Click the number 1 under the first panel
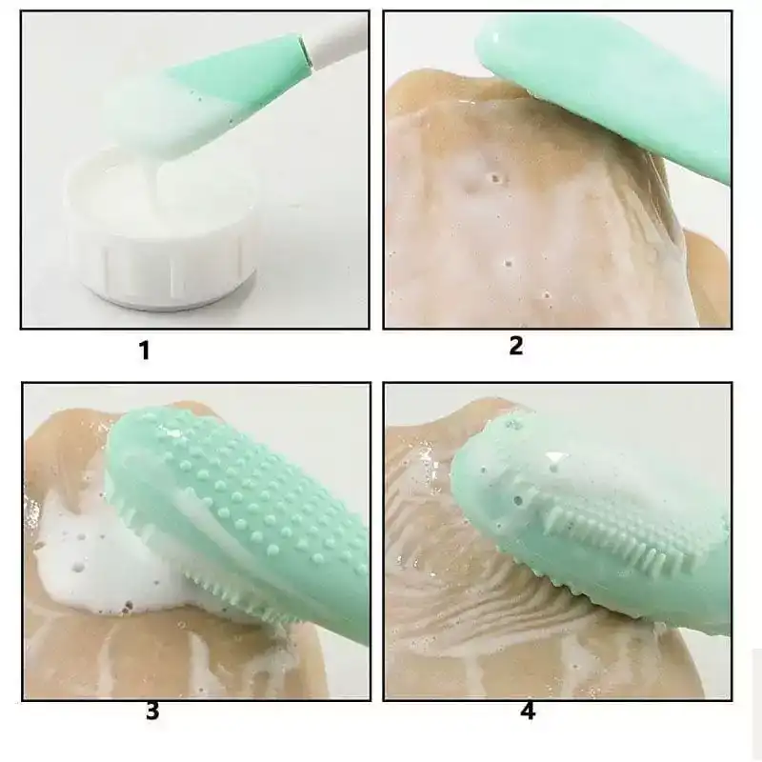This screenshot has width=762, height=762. [145, 350]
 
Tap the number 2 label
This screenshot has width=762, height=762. [516, 346]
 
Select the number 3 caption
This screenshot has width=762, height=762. [152, 711]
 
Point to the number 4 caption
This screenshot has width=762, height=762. [528, 712]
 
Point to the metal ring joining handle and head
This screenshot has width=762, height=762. [305, 51]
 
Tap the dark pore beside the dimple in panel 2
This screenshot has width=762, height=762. [495, 178]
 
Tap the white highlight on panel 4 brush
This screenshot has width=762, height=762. [556, 457]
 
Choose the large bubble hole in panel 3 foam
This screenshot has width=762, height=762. [78, 567]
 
